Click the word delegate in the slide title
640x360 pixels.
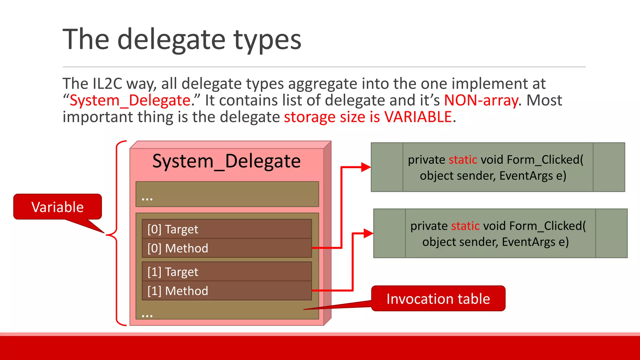click(171, 40)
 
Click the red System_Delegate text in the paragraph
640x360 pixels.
click(130, 101)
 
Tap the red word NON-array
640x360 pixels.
click(481, 101)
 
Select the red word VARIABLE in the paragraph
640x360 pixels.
click(418, 117)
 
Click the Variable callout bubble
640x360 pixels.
click(57, 207)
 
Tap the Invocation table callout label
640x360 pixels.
click(438, 298)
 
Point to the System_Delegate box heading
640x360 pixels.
click(226, 161)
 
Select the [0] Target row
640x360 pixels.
click(227, 229)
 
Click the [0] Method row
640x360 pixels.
click(227, 248)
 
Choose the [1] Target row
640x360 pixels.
click(227, 272)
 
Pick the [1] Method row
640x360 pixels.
click(227, 291)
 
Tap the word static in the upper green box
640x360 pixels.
click(462, 160)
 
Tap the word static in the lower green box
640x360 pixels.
click(465, 226)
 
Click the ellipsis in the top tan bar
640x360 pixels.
click(147, 199)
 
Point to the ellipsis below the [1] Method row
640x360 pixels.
click(147, 316)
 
